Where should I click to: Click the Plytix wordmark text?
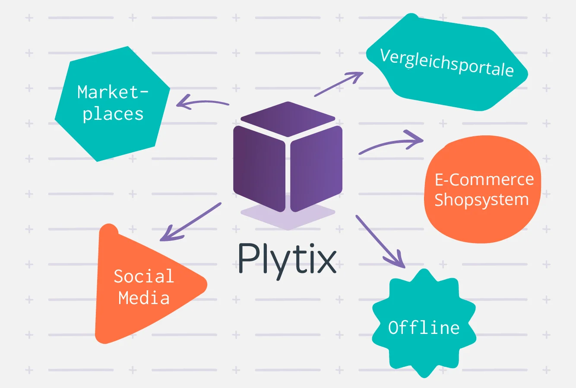pos(287,259)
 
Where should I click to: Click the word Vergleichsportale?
pos(447,63)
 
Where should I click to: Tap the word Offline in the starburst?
pos(424,327)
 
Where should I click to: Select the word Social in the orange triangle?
pos(144,276)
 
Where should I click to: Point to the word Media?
pos(144,298)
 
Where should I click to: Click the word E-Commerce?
pos(484,180)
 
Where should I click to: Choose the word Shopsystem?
pos(481,200)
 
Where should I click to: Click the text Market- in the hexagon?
pos(113,92)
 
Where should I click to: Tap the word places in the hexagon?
pos(113,114)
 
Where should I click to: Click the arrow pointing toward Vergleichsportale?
pos(339,84)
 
